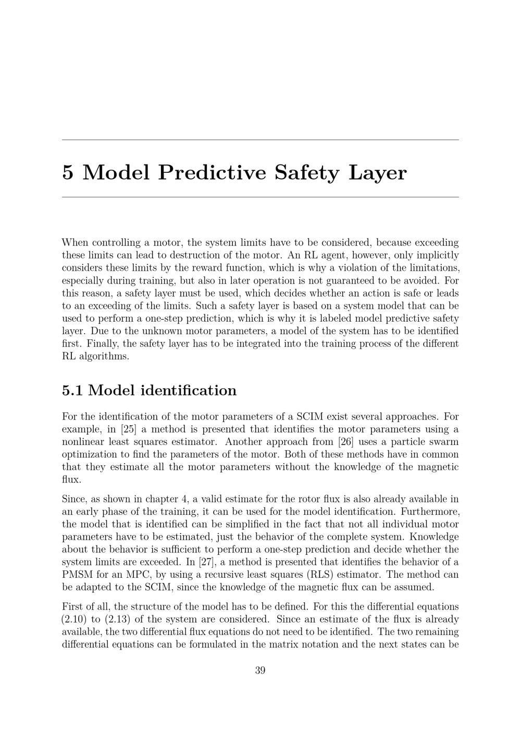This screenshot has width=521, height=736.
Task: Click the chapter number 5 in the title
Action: tap(68, 173)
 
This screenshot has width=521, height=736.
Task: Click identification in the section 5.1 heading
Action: tap(189, 390)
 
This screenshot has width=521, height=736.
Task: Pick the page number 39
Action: tap(260, 670)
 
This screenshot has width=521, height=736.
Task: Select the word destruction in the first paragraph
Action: tap(203, 255)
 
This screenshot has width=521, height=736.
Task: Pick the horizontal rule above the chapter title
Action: tap(260, 139)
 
